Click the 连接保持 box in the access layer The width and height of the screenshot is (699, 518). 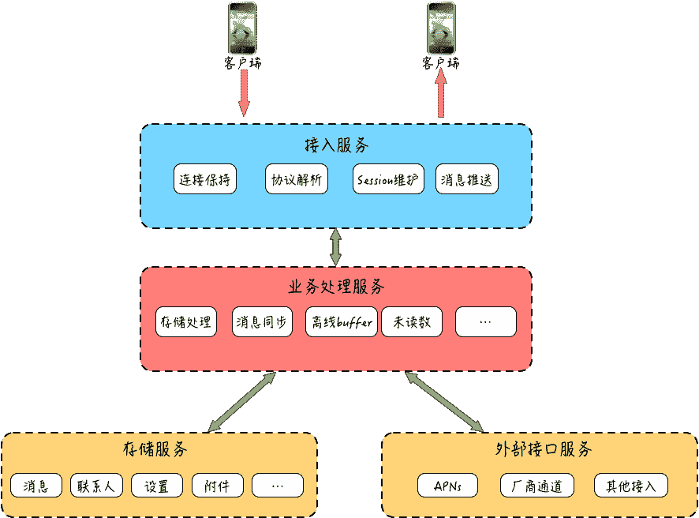click(205, 179)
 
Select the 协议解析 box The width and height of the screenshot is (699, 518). click(296, 179)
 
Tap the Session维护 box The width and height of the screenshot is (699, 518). click(388, 179)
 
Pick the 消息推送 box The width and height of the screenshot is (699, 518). click(467, 179)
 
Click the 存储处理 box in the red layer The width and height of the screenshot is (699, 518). click(186, 322)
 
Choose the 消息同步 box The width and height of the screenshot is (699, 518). click(264, 322)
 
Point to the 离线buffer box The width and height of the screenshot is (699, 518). click(342, 322)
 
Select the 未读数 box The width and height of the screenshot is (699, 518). click(412, 322)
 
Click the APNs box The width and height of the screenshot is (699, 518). click(448, 485)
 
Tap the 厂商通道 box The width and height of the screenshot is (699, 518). click(536, 485)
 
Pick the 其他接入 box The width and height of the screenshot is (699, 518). click(631, 485)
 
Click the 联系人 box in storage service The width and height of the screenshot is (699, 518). click(97, 485)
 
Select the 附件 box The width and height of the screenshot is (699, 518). click(217, 485)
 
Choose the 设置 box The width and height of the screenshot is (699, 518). click(157, 485)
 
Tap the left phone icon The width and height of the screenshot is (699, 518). click(242, 28)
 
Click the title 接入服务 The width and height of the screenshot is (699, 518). click(336, 146)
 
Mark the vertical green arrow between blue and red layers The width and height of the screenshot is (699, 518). click(336, 247)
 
